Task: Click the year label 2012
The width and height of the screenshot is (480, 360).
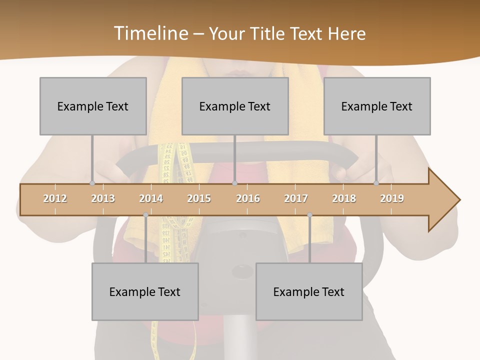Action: (x=55, y=198)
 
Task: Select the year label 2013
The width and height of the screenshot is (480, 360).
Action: (x=103, y=198)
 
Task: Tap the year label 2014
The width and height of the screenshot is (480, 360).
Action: (x=151, y=198)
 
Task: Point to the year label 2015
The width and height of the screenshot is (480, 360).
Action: (x=199, y=198)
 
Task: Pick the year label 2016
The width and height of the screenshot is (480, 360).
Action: (x=248, y=198)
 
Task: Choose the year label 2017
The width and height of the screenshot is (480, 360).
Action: (x=296, y=198)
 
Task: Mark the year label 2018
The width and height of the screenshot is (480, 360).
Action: (x=344, y=198)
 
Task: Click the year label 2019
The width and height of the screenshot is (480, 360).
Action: (x=392, y=198)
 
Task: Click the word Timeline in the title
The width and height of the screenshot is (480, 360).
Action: (x=150, y=33)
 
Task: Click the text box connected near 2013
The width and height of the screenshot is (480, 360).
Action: (x=93, y=106)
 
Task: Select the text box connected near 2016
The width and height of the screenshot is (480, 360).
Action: (x=235, y=106)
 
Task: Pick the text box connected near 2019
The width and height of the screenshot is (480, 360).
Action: (x=377, y=106)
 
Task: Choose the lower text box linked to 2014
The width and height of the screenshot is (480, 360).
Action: (x=145, y=291)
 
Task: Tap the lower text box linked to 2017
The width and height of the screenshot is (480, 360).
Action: (x=309, y=291)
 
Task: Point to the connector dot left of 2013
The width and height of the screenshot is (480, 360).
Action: (x=92, y=183)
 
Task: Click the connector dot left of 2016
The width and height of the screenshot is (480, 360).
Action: (x=234, y=183)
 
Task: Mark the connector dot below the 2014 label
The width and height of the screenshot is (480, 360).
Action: (x=145, y=215)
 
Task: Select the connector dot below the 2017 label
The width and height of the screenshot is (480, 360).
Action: (x=309, y=215)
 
